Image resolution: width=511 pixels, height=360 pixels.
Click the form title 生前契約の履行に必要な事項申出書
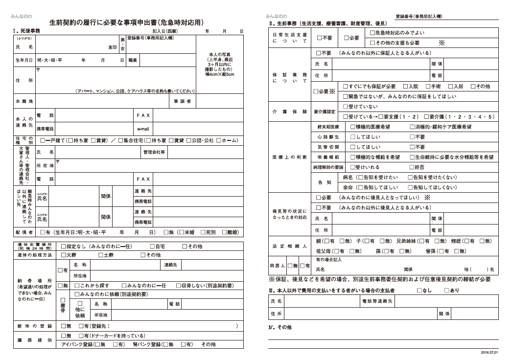(x=127, y=22)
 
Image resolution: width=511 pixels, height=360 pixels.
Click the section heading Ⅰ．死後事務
(x=27, y=31)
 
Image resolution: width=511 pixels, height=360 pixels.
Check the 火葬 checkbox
(x=64, y=255)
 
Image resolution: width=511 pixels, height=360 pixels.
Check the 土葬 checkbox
(x=100, y=255)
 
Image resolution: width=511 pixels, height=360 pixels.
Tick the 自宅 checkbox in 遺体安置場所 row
(x=152, y=247)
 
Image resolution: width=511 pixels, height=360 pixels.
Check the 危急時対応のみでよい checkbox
(x=372, y=33)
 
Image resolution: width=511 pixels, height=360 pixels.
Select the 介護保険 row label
(x=289, y=112)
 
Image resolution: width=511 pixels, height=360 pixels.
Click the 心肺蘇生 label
(x=328, y=137)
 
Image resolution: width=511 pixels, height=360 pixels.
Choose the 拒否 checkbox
(x=412, y=167)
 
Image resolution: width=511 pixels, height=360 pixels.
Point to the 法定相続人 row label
(x=289, y=246)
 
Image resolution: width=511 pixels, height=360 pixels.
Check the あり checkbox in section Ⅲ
(x=447, y=291)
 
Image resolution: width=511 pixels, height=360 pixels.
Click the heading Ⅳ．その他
(x=280, y=327)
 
